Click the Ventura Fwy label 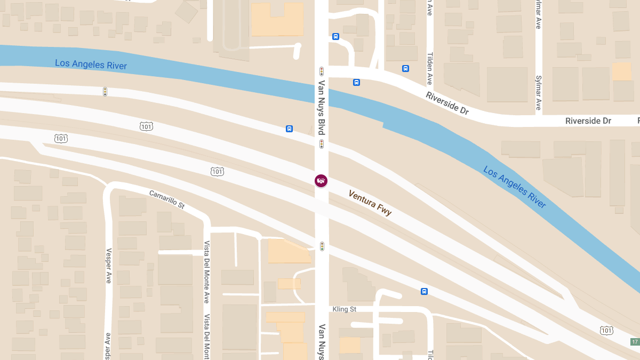[370, 203]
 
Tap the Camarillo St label [166, 198]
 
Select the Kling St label [344, 309]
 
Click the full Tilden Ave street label [430, 68]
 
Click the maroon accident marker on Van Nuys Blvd [321, 181]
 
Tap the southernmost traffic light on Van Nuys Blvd [322, 246]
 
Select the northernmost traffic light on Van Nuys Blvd [322, 71]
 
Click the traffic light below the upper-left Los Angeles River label [105, 92]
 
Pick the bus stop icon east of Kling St [424, 291]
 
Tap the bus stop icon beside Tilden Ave [405, 68]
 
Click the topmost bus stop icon [335, 36]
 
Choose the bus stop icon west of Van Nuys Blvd [289, 129]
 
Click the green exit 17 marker [634, 342]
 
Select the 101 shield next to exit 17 [606, 331]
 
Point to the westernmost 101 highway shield [61, 139]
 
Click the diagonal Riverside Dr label [447, 103]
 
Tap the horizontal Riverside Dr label [588, 121]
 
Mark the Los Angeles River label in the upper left [91, 65]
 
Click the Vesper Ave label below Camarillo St [108, 266]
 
